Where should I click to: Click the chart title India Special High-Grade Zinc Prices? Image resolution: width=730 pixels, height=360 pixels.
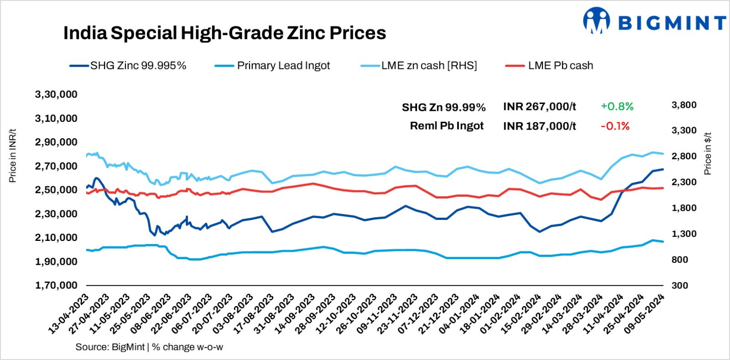[x=224, y=33]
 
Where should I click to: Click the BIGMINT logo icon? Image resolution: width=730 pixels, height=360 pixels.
[x=596, y=21]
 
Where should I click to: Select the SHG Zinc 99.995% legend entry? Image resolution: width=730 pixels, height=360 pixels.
[x=138, y=66]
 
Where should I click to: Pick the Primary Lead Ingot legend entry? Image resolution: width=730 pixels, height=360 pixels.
[x=283, y=66]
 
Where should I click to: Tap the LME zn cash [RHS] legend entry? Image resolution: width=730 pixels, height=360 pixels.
[x=429, y=66]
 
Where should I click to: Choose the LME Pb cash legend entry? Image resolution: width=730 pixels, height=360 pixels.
[x=560, y=66]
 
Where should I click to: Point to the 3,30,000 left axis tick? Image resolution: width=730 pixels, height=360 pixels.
[x=56, y=94]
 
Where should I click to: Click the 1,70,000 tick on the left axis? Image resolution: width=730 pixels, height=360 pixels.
[x=56, y=285]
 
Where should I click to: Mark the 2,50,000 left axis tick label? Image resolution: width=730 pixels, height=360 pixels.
[x=56, y=190]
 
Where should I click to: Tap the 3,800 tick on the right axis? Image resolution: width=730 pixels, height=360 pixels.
[x=683, y=105]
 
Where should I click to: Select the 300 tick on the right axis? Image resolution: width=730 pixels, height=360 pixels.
[x=679, y=285]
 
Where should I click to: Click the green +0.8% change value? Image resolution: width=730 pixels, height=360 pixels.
[x=617, y=107]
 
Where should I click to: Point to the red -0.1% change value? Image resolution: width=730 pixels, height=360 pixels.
[x=615, y=126]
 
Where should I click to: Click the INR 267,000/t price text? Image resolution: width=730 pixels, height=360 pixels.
[x=539, y=107]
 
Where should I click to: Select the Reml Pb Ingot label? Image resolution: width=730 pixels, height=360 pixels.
[x=447, y=126]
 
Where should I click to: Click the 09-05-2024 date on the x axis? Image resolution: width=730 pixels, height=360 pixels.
[x=645, y=315]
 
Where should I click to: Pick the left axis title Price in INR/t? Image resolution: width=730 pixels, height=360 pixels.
[x=12, y=156]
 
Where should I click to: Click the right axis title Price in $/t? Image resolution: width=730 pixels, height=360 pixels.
[x=708, y=154]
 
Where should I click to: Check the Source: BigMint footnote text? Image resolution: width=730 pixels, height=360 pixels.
[x=149, y=347]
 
